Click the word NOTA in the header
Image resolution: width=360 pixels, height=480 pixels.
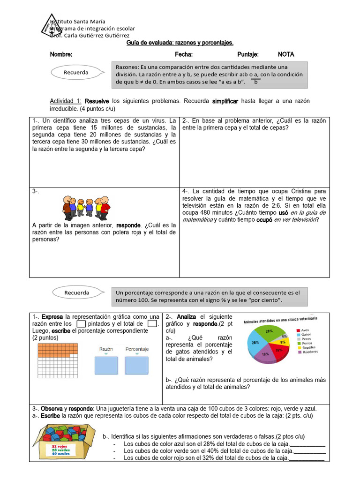point(286,54)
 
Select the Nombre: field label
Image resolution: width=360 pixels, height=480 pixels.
point(61,54)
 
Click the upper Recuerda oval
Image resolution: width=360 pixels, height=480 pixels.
point(76,73)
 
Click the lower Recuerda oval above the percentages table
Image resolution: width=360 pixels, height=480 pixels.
point(76,292)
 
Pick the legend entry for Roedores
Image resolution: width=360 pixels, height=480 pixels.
point(309,352)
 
